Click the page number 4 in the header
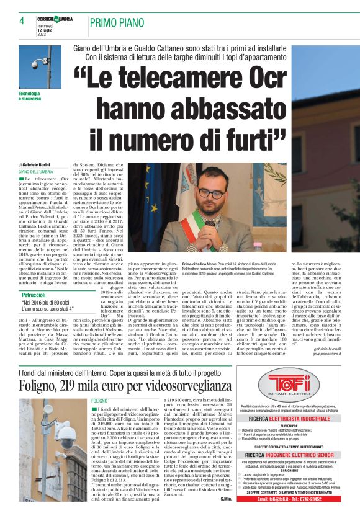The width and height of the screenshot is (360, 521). pyautogui.click(x=22, y=20)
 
